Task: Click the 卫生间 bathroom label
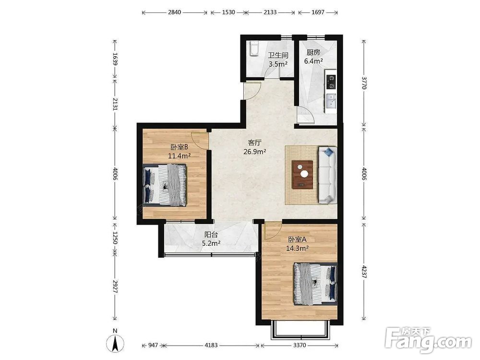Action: pos(278,55)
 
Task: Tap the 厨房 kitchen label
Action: pos(313,52)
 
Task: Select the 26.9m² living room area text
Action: pos(254,151)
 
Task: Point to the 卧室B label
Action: pos(179,147)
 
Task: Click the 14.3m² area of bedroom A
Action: pos(297,248)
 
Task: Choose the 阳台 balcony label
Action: pos(211,235)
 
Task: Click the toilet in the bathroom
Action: pos(254,49)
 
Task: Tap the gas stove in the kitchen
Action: pos(331,81)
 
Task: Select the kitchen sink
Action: pos(331,101)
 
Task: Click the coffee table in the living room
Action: pos(302,175)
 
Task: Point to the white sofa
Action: pos(327,175)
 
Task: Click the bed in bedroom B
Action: pos(165,185)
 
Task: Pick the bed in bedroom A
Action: pos(316,284)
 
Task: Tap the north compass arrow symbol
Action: pos(115,343)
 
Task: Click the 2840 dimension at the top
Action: pos(175,12)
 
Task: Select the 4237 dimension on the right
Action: pos(364,272)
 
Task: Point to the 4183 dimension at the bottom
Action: pos(211,345)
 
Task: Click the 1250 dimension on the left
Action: pos(115,238)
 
